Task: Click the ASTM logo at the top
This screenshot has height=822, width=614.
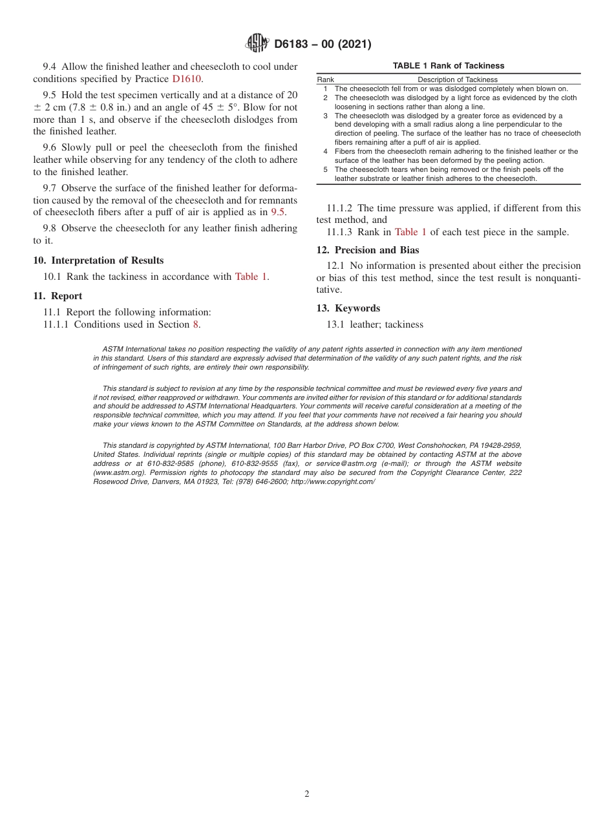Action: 257,44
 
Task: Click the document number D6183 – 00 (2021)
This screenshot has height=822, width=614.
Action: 323,45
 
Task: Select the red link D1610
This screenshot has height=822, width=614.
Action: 187,79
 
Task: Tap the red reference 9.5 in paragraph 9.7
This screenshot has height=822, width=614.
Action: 277,211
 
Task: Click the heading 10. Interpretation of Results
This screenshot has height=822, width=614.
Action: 98,260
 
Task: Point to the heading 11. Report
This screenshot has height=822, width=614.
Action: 58,296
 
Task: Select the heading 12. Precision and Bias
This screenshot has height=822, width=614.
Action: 367,250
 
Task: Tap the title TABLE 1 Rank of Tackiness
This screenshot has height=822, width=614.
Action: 449,66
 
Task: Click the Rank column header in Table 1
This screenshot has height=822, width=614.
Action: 325,79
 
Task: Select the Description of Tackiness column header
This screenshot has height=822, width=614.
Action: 458,79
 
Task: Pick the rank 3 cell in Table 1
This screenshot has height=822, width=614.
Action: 326,116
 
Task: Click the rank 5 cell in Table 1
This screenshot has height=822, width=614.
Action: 326,169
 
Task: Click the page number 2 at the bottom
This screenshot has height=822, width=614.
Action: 307,794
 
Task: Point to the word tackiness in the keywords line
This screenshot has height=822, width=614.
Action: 403,324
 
